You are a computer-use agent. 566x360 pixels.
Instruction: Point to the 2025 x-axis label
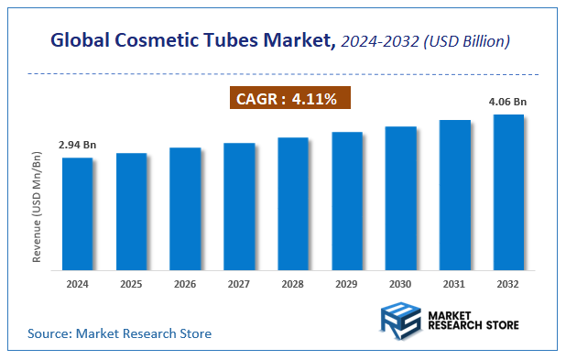(x=131, y=284)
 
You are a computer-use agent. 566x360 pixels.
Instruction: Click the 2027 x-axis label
(x=239, y=284)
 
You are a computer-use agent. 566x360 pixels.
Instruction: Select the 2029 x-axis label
(x=346, y=284)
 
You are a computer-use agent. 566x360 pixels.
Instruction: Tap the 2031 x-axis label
(x=454, y=284)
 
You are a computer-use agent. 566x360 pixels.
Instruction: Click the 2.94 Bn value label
(x=77, y=145)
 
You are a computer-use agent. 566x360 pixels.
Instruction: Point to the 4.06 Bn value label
(x=507, y=101)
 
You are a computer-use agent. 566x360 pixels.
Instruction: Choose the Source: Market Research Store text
(x=119, y=333)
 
